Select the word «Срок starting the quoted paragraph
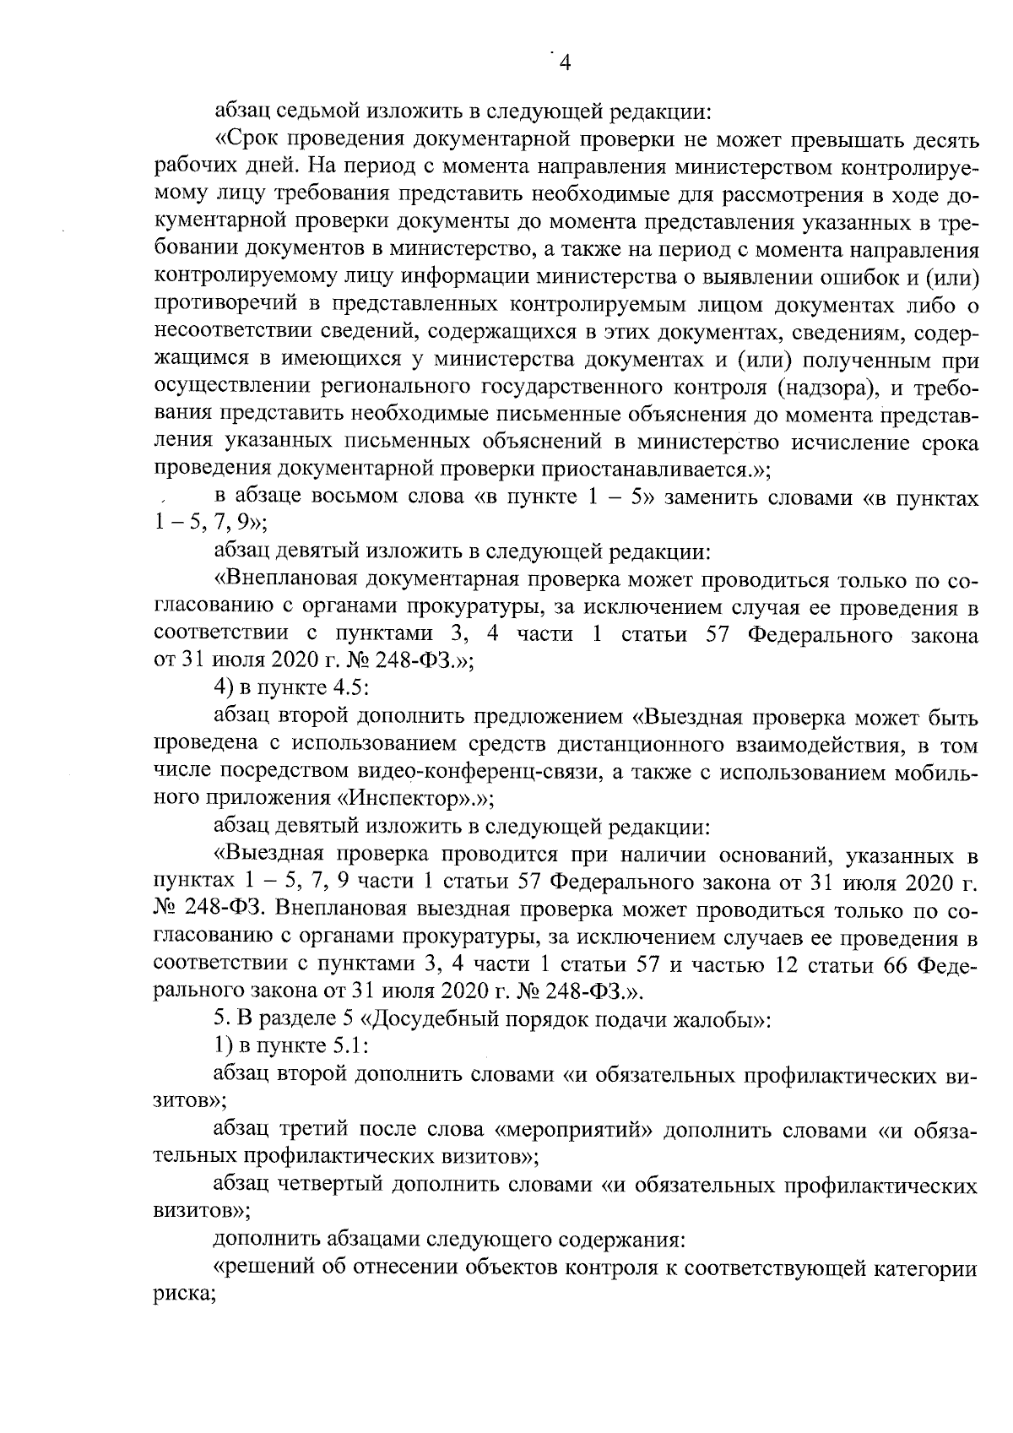249,138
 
